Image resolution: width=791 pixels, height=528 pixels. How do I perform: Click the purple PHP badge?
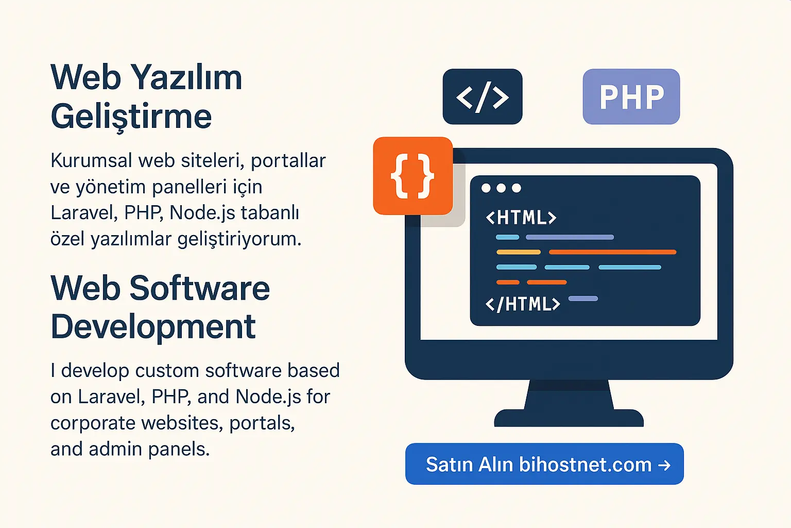point(631,96)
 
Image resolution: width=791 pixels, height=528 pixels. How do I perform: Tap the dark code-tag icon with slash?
point(483,96)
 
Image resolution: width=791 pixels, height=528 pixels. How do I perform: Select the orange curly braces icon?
point(412,176)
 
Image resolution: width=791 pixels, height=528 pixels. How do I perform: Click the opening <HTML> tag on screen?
point(521,218)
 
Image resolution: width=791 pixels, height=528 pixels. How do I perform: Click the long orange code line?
point(612,252)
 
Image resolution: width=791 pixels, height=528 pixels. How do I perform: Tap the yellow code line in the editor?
point(518,252)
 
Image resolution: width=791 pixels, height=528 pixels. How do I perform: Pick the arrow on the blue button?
point(665,465)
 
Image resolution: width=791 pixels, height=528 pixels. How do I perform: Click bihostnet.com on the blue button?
point(586,465)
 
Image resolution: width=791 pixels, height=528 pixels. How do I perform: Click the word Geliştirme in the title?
point(131,117)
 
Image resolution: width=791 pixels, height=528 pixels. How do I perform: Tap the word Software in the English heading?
point(200,288)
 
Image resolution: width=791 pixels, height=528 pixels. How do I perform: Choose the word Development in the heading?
point(153,327)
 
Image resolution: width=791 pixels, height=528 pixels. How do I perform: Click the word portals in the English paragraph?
point(262,423)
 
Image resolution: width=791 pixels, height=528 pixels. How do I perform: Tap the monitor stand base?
point(569,418)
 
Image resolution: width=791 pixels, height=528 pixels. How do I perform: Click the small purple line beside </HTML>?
point(583,299)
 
